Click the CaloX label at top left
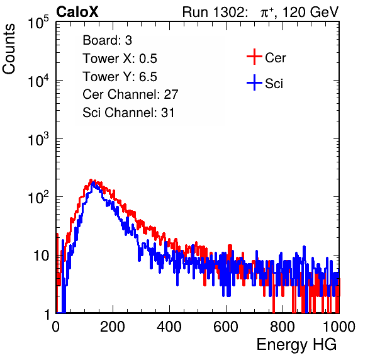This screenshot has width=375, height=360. click(77, 12)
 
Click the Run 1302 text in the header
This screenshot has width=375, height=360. click(215, 12)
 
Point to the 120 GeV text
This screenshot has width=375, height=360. click(310, 12)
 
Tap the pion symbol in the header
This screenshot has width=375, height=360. click(266, 13)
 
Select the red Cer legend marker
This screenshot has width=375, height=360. click(254, 57)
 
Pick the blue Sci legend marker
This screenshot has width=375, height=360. click(254, 82)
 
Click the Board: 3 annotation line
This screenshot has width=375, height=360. click(107, 40)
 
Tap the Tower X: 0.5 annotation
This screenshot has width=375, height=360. click(120, 59)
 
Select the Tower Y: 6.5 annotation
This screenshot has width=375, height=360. click(120, 77)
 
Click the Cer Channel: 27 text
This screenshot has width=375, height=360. click(130, 94)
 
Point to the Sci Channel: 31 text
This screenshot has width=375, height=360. click(128, 113)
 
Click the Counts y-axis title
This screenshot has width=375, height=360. click(9, 49)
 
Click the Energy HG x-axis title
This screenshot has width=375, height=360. click(296, 345)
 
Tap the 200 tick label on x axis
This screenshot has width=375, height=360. click(113, 327)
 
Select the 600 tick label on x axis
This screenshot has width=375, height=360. click(226, 327)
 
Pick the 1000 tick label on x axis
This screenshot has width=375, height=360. click(339, 327)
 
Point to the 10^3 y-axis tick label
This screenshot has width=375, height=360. click(38, 139)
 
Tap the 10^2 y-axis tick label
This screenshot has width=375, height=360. click(38, 198)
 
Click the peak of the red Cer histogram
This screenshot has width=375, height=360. click(91, 180)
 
